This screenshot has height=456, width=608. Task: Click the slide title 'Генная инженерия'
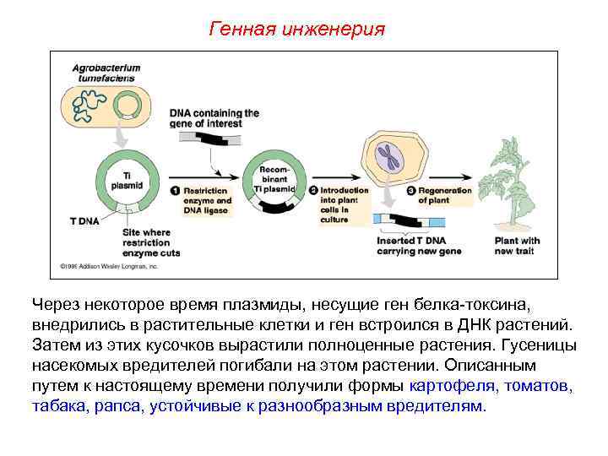[x=296, y=30]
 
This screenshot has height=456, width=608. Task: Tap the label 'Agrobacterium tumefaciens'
[x=106, y=72]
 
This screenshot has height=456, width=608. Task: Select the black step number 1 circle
[x=176, y=191]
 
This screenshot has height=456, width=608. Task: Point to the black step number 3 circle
[x=411, y=191]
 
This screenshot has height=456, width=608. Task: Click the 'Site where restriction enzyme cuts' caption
[x=151, y=242]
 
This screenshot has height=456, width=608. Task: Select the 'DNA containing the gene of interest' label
[x=214, y=117]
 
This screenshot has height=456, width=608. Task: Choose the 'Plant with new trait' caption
[x=517, y=246]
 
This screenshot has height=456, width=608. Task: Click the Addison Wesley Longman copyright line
[x=109, y=266]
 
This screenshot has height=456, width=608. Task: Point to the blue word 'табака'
[x=58, y=406]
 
